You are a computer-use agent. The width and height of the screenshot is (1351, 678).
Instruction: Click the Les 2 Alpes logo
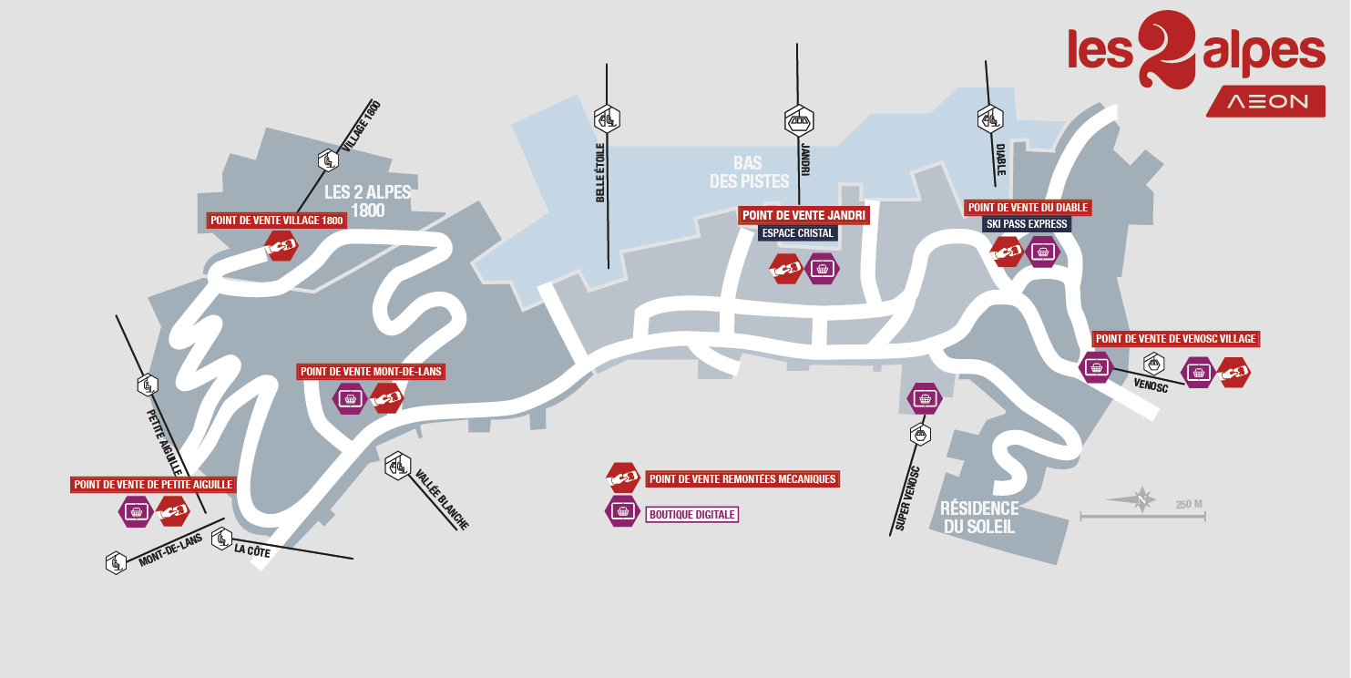coord(1196,50)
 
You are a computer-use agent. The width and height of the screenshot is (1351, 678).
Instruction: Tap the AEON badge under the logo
coord(1265,101)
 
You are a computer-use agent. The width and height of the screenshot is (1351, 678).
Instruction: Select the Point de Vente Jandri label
coord(803,216)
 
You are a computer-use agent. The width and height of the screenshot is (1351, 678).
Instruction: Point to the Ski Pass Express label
coord(1027,224)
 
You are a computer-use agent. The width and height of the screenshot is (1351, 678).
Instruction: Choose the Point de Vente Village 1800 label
coord(277,221)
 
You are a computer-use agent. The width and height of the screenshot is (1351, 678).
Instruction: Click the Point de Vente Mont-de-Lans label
coord(372,372)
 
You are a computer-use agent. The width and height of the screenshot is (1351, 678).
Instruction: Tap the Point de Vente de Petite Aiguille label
coord(154,485)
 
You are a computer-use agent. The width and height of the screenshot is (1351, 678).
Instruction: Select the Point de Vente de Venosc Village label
coord(1175,339)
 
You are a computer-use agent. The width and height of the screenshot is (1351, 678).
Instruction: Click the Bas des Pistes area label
coord(749,172)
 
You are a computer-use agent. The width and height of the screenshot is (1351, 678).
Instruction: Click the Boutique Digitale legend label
coord(691,515)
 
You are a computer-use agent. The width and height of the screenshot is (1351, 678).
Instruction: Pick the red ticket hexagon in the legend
coord(623,478)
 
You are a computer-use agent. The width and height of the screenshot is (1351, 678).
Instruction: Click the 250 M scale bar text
coord(1189,505)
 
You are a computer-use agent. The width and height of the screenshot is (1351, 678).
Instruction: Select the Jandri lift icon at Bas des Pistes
coord(799,119)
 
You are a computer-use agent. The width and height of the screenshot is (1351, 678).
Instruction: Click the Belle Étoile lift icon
coord(607,118)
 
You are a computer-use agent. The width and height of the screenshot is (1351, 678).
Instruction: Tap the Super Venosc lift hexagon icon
coord(920,434)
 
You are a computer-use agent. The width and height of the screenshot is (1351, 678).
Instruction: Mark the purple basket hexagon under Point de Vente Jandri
coord(824,269)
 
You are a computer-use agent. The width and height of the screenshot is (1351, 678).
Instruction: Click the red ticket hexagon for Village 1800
coord(281,245)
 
